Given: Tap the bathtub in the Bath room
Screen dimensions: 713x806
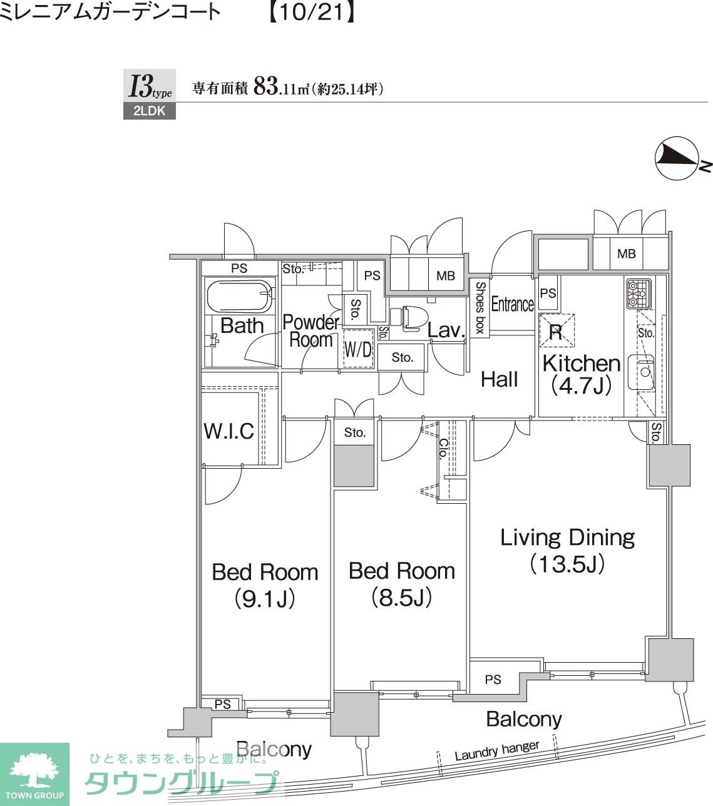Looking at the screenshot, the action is pyautogui.click(x=239, y=297).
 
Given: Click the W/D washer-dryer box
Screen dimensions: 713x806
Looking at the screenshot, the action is pyautogui.click(x=358, y=348).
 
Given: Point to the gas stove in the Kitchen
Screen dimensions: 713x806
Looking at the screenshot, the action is pyautogui.click(x=639, y=294).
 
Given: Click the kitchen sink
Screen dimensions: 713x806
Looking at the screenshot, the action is pyautogui.click(x=642, y=372).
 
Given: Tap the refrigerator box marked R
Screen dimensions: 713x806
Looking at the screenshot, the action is pyautogui.click(x=557, y=330).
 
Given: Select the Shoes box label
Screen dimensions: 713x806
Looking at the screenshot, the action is pyautogui.click(x=480, y=307).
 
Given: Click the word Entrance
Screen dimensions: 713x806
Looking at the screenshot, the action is pyautogui.click(x=512, y=304).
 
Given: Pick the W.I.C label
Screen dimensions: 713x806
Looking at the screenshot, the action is pyautogui.click(x=229, y=431).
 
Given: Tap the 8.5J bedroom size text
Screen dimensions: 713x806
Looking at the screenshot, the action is pyautogui.click(x=402, y=598).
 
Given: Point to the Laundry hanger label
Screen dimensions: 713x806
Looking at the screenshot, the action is pyautogui.click(x=497, y=750).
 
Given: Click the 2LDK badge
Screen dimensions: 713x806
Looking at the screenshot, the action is pyautogui.click(x=149, y=111).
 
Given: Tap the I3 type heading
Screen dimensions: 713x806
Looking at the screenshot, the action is pyautogui.click(x=150, y=86).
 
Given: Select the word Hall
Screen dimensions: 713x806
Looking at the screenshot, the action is pyautogui.click(x=499, y=379).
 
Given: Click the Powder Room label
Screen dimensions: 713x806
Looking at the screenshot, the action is pyautogui.click(x=311, y=331).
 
